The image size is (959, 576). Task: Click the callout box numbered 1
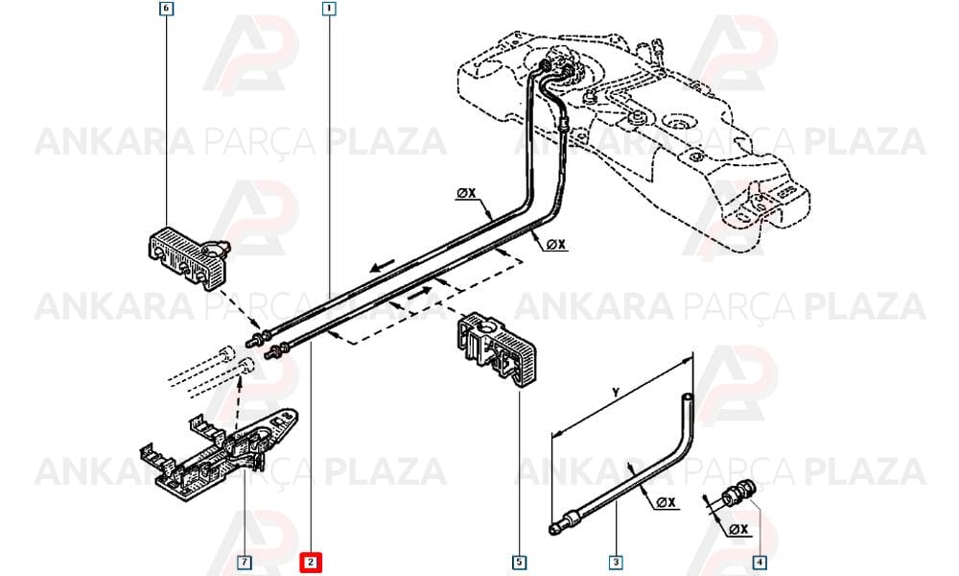(x=329, y=9)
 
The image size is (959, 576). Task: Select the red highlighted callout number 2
(x=310, y=562)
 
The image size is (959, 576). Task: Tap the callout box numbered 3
(x=616, y=562)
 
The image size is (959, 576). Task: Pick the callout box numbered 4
(x=759, y=562)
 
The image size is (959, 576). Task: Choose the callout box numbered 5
(x=519, y=562)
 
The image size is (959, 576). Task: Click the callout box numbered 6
(x=166, y=9)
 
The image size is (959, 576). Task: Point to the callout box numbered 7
(x=244, y=562)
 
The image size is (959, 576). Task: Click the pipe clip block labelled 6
(x=188, y=257)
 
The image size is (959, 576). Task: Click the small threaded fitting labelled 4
(x=738, y=492)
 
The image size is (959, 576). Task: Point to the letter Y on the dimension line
(x=616, y=392)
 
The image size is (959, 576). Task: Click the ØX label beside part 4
(x=738, y=529)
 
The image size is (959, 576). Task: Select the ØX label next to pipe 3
(x=667, y=502)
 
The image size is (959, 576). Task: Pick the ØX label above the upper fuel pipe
(x=466, y=193)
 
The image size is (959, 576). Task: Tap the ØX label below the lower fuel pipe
(x=555, y=245)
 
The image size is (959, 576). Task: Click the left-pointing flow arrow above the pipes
(x=382, y=266)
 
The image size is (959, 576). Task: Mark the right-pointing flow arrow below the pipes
(x=421, y=293)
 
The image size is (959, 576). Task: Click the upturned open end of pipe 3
(x=688, y=397)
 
